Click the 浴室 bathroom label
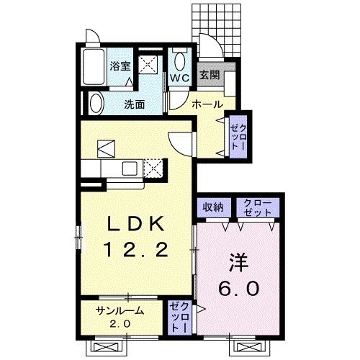pyautogui.click(x=120, y=66)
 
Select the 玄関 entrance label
pyautogui.click(x=209, y=74)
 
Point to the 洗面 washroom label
pyautogui.click(x=134, y=104)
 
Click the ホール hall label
pyautogui.click(x=206, y=104)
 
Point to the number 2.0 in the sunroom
pyautogui.click(x=120, y=324)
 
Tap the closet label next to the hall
pyautogui.click(x=238, y=135)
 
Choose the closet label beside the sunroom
pyautogui.click(x=178, y=317)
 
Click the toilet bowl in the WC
pyautogui.click(x=180, y=59)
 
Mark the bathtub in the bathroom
pyautogui.click(x=93, y=69)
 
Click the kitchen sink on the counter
pyautogui.click(x=130, y=168)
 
